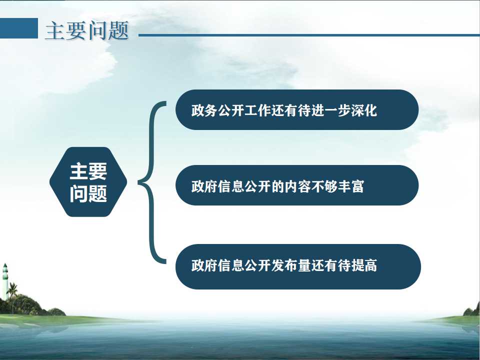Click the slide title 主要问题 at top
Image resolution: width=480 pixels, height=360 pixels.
pos(86,30)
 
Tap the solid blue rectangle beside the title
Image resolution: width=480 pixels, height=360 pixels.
pos(19,28)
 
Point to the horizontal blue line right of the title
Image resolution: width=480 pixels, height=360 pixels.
pos(309,35)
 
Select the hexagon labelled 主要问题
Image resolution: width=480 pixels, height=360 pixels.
pos(88,182)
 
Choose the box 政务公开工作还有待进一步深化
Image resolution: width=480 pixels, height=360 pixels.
pos(297,109)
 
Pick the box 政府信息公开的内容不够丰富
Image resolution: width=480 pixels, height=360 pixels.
pos(297,185)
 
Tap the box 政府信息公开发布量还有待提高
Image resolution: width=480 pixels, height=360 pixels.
pos(298,266)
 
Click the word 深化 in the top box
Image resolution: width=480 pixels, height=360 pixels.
pos(364,110)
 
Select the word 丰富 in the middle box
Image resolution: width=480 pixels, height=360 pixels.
pos(351,186)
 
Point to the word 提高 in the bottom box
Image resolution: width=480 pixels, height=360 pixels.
pos(364,265)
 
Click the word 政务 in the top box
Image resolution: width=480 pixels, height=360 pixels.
pos(204,110)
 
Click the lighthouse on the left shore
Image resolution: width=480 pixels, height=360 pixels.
pos(5,281)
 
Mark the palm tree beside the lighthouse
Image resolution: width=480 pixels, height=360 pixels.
pos(12,295)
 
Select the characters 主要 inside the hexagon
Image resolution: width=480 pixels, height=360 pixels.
pos(88,171)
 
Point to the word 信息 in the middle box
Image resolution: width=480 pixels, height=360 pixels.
pos(231,186)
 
